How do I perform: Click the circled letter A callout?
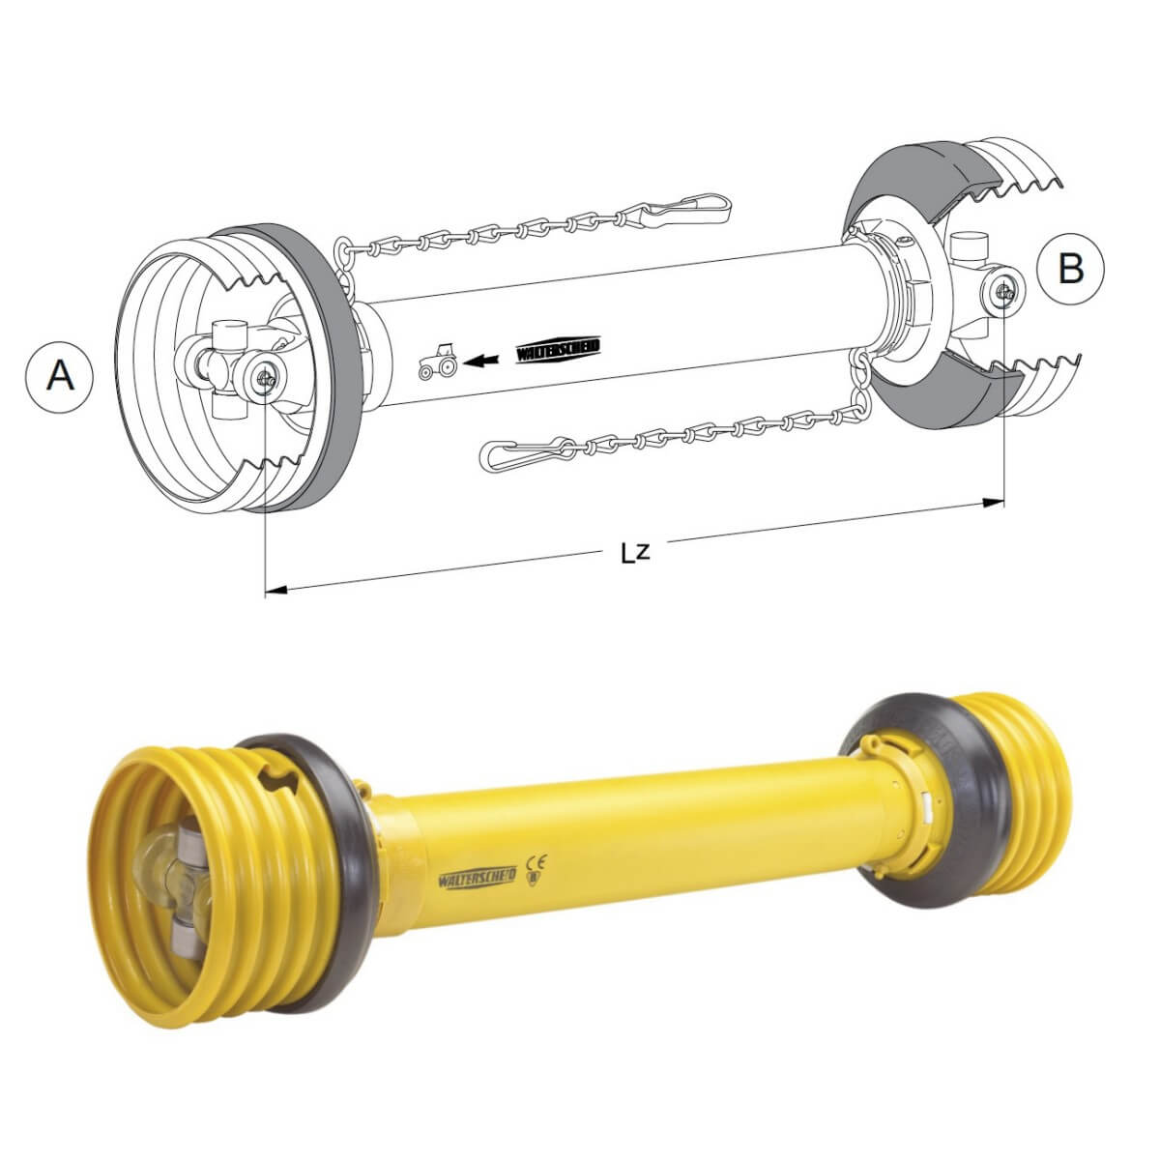pyautogui.click(x=60, y=377)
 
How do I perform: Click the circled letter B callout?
pyautogui.click(x=1071, y=269)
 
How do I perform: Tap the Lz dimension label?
pyautogui.click(x=635, y=553)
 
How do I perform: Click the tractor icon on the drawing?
pyautogui.click(x=438, y=361)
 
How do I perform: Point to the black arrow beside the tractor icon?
pyautogui.click(x=483, y=360)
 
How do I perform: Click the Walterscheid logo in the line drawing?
pyautogui.click(x=559, y=351)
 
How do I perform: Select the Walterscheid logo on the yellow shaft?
pyautogui.click(x=477, y=877)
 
